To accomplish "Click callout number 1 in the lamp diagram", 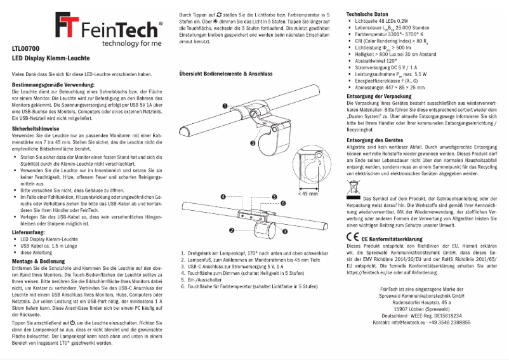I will coord(225,106).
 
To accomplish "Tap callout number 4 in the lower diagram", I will coord(223,197).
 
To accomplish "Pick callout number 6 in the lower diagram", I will coord(274,206).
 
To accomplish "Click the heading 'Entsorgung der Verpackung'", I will coord(381,96).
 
